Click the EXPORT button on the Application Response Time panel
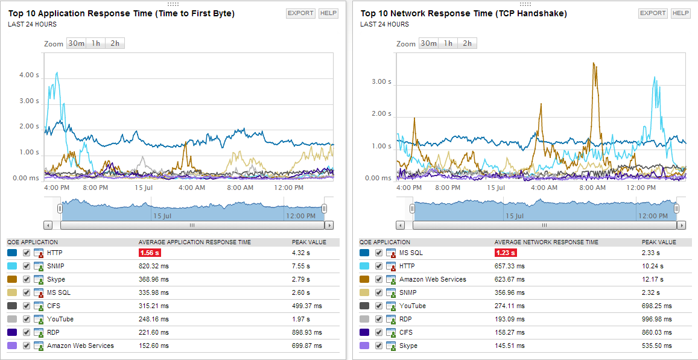[300, 13]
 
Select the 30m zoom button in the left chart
[76, 43]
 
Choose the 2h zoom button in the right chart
[467, 43]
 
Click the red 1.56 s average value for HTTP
[150, 253]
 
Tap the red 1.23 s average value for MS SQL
[506, 253]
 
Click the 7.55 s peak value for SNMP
[301, 267]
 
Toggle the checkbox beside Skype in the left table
[27, 280]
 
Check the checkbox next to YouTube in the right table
[379, 306]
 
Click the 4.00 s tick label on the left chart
[29, 75]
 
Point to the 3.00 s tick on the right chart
[381, 82]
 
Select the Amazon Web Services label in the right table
[433, 280]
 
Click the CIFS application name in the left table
[54, 306]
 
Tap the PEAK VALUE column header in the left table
[309, 242]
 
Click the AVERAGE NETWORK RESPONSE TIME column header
[547, 242]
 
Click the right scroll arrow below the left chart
[329, 225]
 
